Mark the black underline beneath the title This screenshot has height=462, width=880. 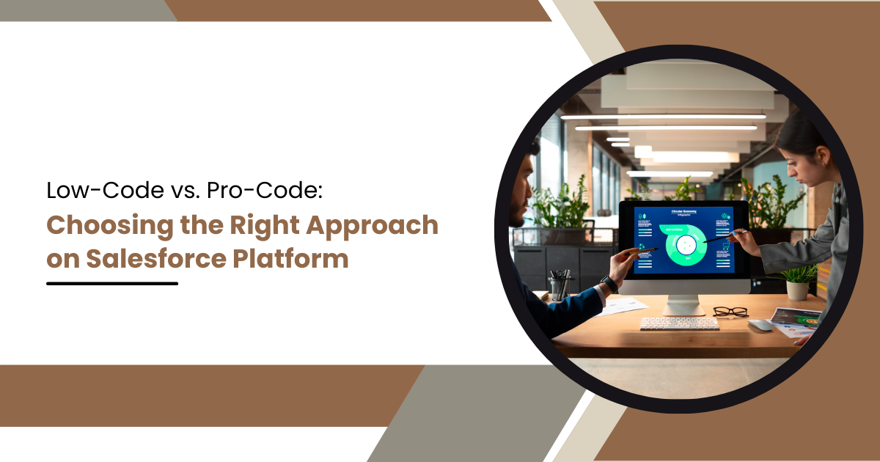[112, 283]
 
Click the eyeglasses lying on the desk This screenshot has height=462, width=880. [730, 312]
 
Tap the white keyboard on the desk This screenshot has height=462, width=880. [678, 323]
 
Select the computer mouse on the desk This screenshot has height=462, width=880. [760, 324]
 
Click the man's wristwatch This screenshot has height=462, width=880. [609, 283]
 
